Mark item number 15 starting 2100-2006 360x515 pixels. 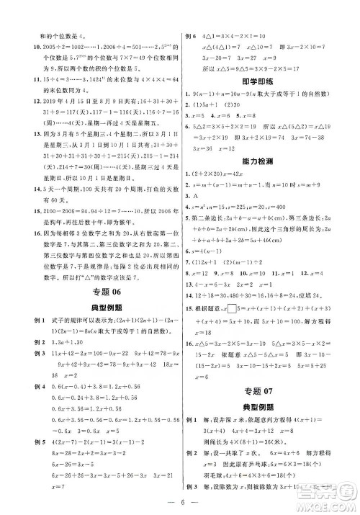(20, 210)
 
